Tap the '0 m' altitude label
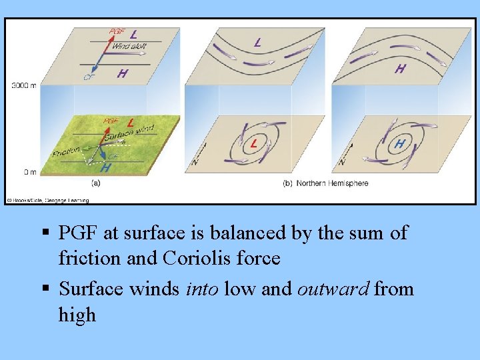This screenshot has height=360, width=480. [30, 172]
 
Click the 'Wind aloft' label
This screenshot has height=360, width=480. [130, 46]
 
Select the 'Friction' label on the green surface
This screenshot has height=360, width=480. [66, 151]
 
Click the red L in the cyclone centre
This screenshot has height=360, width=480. [254, 144]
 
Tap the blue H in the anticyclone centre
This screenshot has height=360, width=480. [399, 143]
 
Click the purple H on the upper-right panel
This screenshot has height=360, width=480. [400, 68]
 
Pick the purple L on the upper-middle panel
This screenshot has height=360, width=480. [257, 42]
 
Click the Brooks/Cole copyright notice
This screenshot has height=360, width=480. [48, 199]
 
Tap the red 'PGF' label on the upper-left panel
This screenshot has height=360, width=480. [117, 32]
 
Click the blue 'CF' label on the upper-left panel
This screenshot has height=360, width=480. [88, 77]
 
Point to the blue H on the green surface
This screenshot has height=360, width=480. [105, 168]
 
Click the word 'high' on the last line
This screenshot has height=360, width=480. [77, 315]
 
